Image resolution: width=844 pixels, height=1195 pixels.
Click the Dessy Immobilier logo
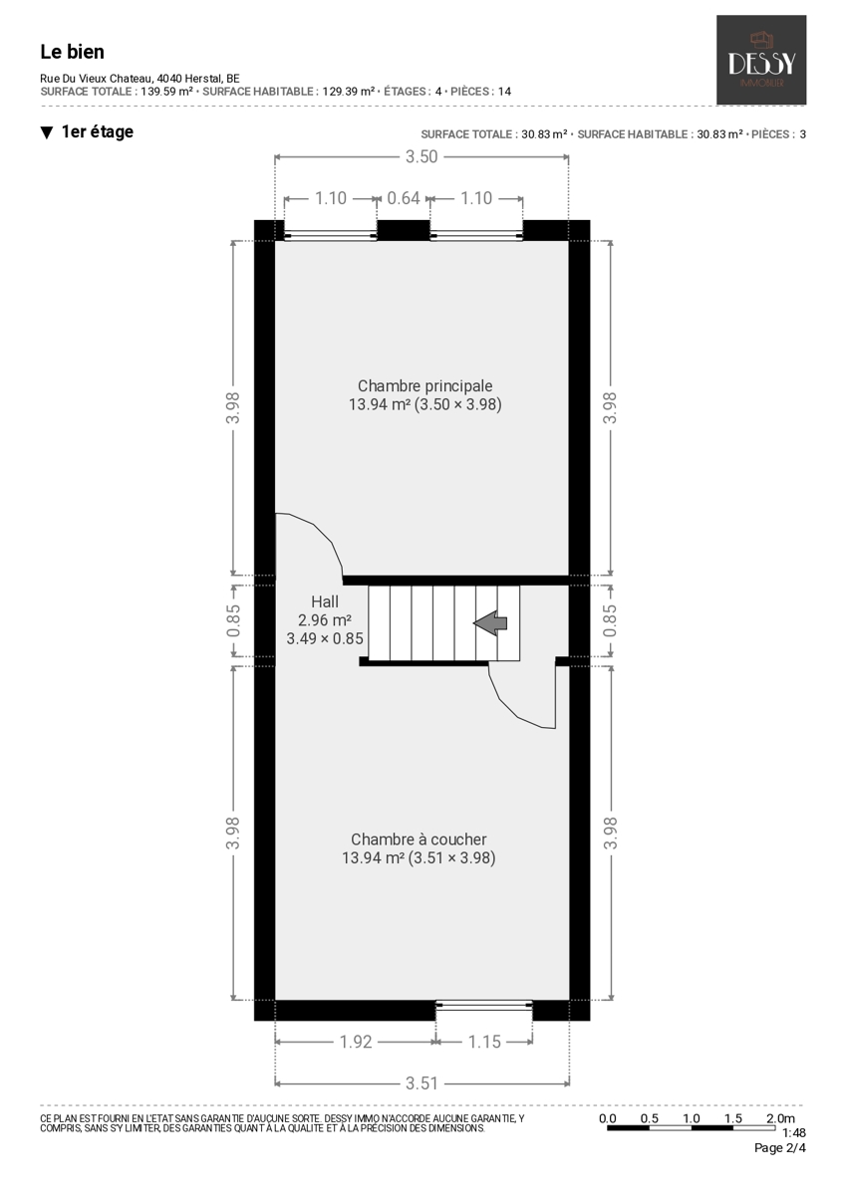pyautogui.click(x=760, y=60)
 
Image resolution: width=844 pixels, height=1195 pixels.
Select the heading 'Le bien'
pyautogui.click(x=72, y=52)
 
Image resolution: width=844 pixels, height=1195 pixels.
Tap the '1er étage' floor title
pyautogui.click(x=98, y=131)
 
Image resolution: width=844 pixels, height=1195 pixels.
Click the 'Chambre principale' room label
pyautogui.click(x=424, y=385)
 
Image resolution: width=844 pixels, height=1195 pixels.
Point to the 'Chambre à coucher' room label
pyautogui.click(x=419, y=839)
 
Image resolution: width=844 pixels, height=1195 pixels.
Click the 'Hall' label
pyautogui.click(x=325, y=601)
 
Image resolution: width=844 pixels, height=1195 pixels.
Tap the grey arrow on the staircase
pyautogui.click(x=490, y=623)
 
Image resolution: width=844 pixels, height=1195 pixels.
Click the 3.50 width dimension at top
pyautogui.click(x=422, y=156)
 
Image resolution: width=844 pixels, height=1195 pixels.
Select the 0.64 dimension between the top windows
pyautogui.click(x=403, y=198)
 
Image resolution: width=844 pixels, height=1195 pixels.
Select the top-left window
pyautogui.click(x=331, y=235)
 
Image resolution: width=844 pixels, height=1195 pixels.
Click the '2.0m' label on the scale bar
pyautogui.click(x=780, y=1118)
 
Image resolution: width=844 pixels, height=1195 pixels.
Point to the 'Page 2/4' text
pyautogui.click(x=779, y=1147)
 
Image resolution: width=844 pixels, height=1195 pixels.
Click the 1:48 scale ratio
pyautogui.click(x=794, y=1132)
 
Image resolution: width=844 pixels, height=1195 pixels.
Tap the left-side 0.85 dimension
pyautogui.click(x=233, y=621)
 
